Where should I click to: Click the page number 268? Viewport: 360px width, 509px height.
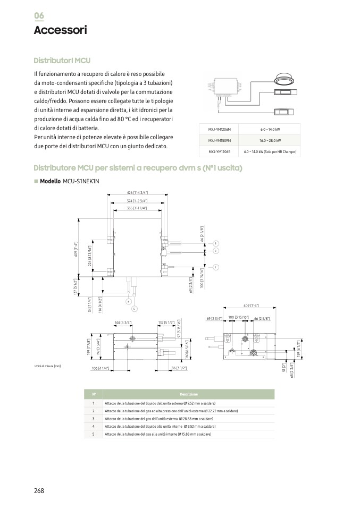click(x=39, y=490)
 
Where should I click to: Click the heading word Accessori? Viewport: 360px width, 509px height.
click(x=60, y=30)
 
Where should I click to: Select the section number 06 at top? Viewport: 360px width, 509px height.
click(x=39, y=15)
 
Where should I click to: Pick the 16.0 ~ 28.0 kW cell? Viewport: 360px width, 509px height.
click(x=270, y=141)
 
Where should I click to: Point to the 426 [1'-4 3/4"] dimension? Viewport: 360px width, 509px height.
click(x=137, y=192)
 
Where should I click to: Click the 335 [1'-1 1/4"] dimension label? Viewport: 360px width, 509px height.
click(x=137, y=208)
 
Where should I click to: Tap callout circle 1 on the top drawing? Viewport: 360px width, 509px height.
click(x=216, y=267)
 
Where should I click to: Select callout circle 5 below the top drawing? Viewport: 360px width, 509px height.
click(x=134, y=308)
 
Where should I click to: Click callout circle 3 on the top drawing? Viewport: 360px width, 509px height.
click(x=216, y=243)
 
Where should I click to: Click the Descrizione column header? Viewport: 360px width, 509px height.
click(x=189, y=394)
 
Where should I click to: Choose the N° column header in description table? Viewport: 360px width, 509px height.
click(x=94, y=394)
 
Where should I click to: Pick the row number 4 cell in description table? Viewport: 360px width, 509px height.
click(x=94, y=426)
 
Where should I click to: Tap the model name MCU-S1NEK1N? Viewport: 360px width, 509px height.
click(x=81, y=181)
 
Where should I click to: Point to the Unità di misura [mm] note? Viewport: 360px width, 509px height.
click(x=48, y=366)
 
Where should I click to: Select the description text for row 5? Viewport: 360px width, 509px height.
click(x=158, y=434)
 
